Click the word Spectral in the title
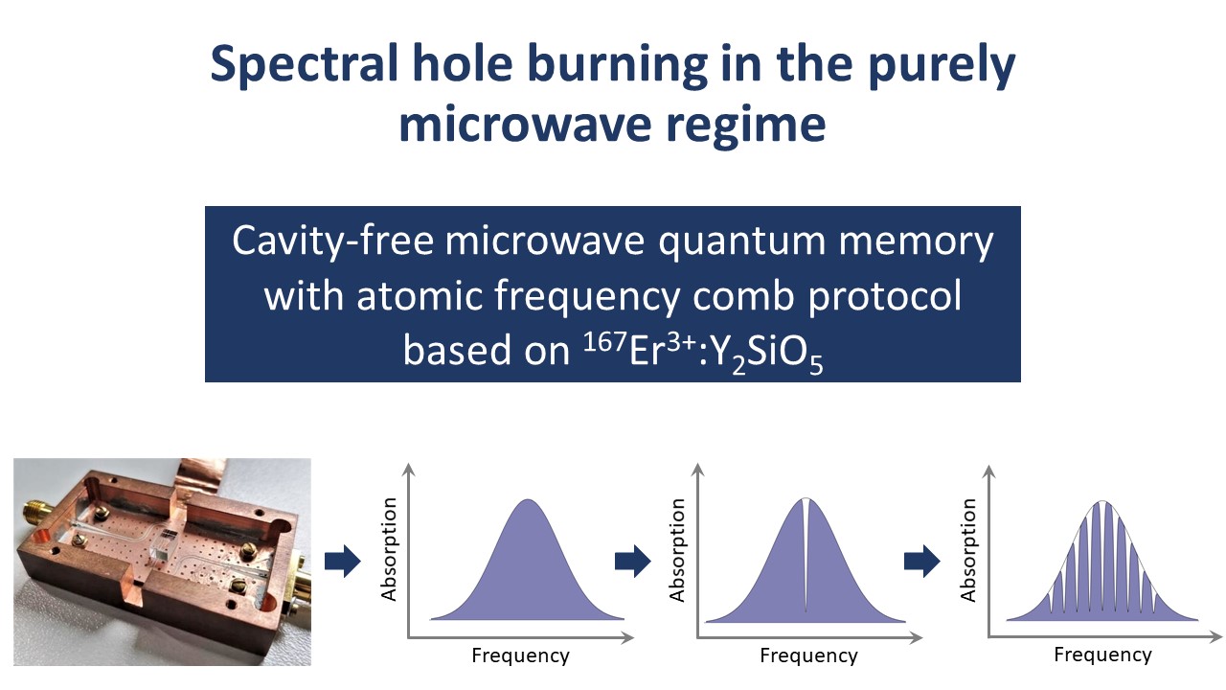tap(304, 64)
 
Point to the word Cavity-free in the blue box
tap(332, 241)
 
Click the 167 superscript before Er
tap(604, 343)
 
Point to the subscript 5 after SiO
tap(816, 365)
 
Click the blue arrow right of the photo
tap(343, 562)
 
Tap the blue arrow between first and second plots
tap(633, 562)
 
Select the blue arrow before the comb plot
tap(921, 562)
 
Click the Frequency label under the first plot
tap(520, 655)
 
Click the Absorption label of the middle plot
tap(677, 550)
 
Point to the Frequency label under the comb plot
tap(1102, 655)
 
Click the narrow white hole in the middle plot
tap(806, 553)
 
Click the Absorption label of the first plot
tap(388, 550)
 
